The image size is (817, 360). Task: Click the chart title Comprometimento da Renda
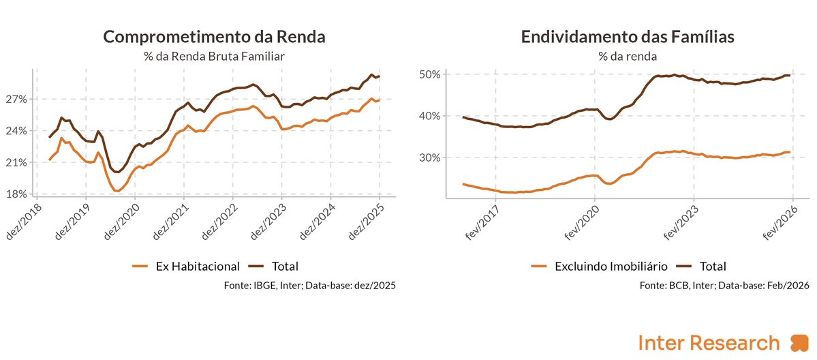(x=214, y=37)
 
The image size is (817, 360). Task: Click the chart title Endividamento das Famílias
(x=628, y=37)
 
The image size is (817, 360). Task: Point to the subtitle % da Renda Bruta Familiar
(x=214, y=57)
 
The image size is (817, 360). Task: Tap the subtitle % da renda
(x=628, y=57)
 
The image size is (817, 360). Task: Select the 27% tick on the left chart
(x=18, y=99)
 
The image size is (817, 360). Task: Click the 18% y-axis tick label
(x=18, y=194)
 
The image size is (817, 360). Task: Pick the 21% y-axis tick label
(x=18, y=162)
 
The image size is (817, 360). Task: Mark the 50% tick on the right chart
(x=432, y=74)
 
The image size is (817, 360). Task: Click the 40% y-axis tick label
(x=432, y=116)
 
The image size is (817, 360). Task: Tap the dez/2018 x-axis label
(x=23, y=221)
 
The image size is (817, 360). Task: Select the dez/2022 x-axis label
(x=219, y=221)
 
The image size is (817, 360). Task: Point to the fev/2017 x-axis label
(x=482, y=222)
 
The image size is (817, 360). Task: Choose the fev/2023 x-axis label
(x=681, y=222)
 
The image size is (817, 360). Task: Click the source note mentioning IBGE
(x=309, y=286)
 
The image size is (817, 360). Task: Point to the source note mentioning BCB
(x=724, y=286)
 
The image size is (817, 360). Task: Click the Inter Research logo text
(x=709, y=342)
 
